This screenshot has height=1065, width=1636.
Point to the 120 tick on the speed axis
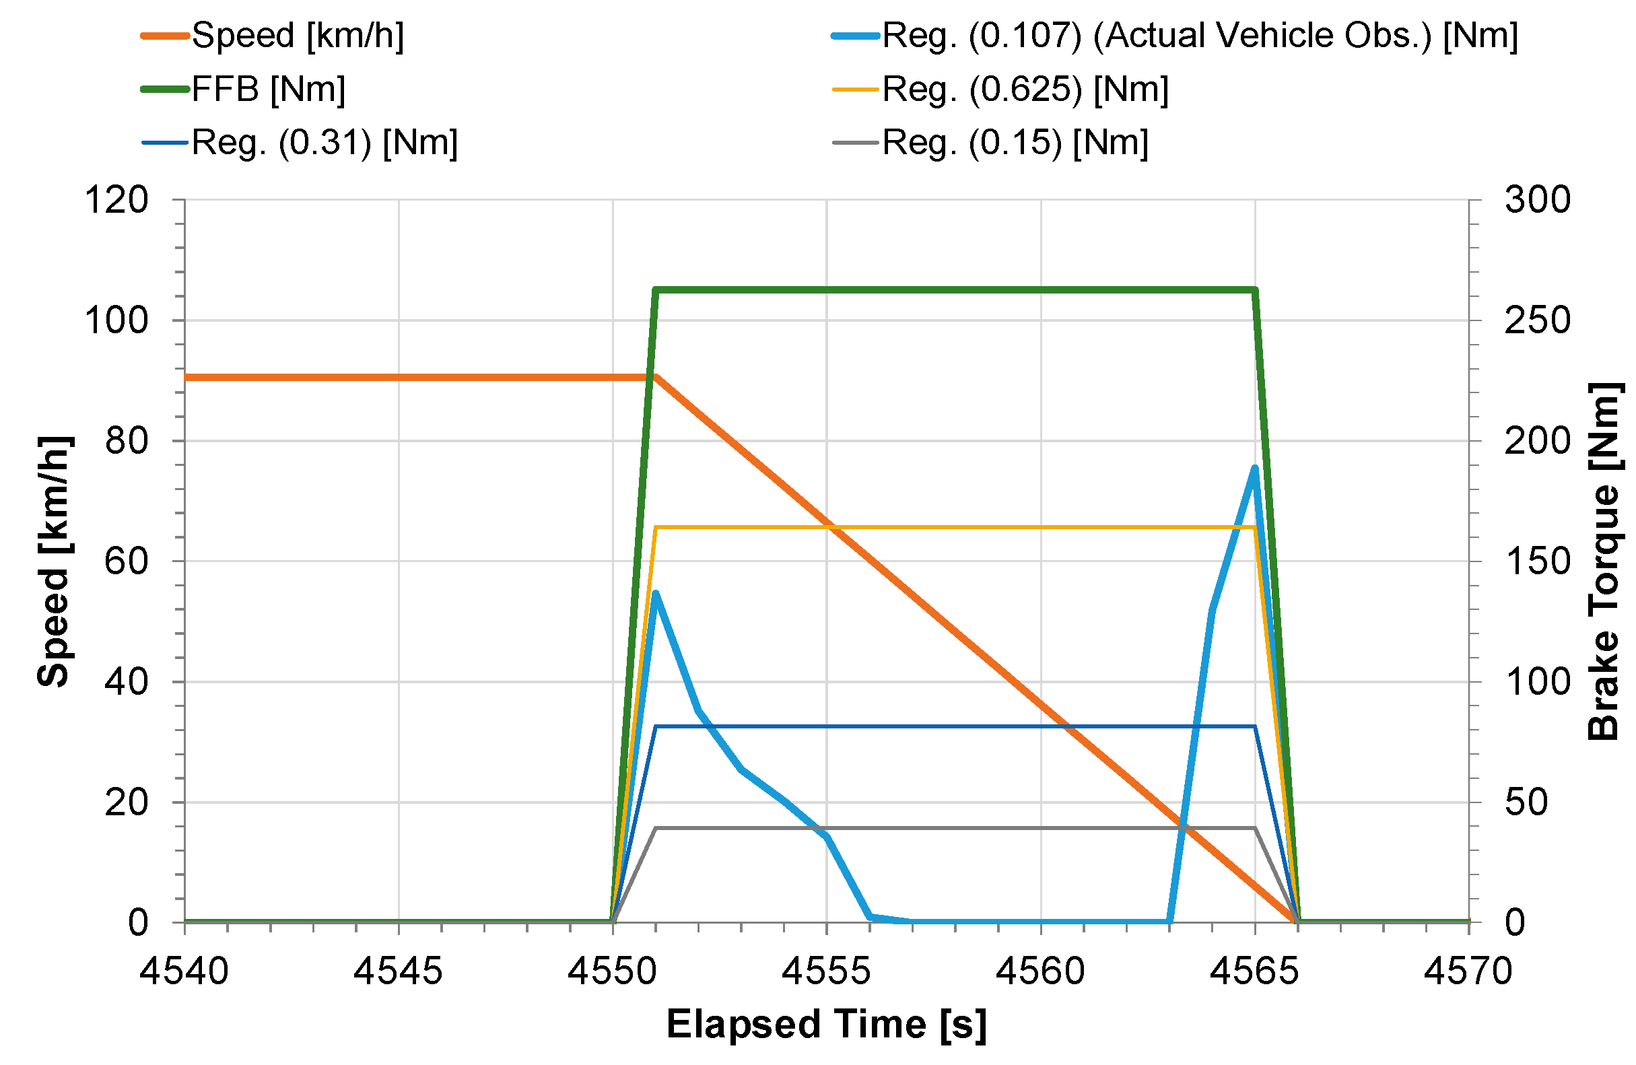point(116,201)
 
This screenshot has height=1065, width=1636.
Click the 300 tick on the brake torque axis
point(1537,201)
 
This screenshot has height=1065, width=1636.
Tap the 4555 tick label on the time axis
point(826,971)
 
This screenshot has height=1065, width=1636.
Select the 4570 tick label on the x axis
point(1468,971)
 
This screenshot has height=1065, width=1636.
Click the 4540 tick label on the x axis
point(184,971)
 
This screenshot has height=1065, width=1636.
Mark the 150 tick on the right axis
point(1537,561)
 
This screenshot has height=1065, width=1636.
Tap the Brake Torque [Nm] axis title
point(1604,561)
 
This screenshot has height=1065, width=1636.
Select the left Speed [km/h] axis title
point(53,561)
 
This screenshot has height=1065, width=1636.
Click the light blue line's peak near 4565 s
point(1254,469)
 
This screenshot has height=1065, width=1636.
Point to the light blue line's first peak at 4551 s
point(656,593)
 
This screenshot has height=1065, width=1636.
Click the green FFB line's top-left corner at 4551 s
point(656,290)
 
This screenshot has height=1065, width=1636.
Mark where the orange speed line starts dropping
point(656,377)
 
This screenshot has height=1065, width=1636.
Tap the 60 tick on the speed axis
point(127,561)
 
